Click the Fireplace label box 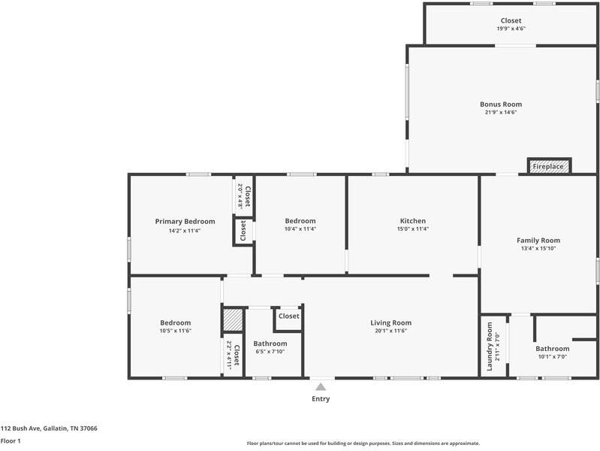point(549,166)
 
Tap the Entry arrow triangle point(321,387)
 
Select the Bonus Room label point(501,104)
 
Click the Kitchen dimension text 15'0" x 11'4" point(412,229)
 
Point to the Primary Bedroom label point(185,222)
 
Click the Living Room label point(390,322)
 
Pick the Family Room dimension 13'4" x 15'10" point(538,249)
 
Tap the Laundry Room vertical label point(490,347)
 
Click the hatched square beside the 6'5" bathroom point(233,321)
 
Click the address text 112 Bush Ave point(49,428)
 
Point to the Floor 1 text point(10,441)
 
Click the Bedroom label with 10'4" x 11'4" point(300,221)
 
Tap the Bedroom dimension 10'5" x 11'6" point(175,331)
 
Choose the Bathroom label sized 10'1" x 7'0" point(552,349)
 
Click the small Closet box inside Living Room point(288,316)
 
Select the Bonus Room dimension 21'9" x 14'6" point(501,113)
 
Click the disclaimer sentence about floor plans point(363,443)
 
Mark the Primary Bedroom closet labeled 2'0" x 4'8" point(243,195)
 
